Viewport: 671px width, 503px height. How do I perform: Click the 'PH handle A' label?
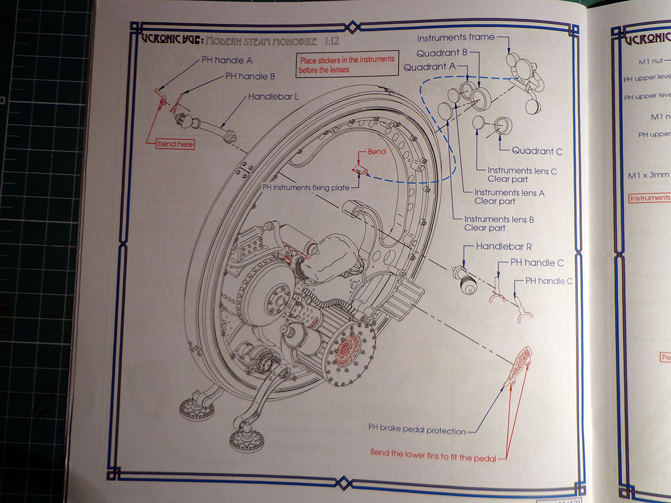[226, 60]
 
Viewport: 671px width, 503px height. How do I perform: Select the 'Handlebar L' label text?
[273, 97]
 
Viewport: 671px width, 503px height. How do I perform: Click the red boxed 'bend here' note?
[175, 144]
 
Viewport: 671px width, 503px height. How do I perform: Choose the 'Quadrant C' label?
[537, 151]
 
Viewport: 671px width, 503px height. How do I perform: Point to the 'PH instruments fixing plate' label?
[303, 188]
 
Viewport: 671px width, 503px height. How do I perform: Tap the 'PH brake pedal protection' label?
[417, 430]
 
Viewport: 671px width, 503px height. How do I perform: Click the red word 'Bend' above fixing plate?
[376, 152]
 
